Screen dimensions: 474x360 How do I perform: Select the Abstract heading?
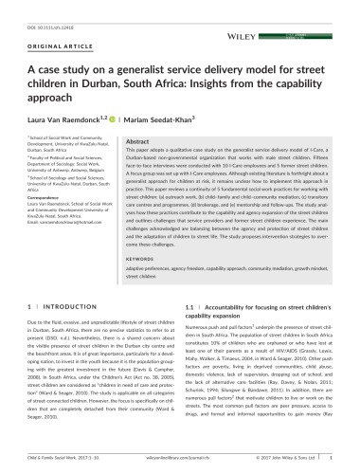(141, 138)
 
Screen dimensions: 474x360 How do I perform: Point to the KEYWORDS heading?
(151, 257)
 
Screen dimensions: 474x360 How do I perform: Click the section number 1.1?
(189, 309)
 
